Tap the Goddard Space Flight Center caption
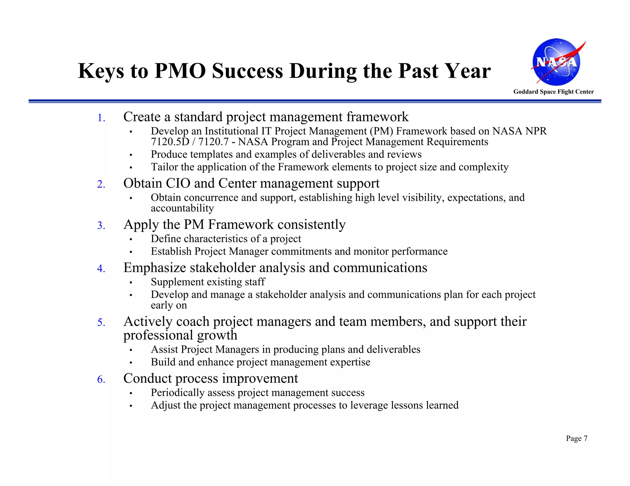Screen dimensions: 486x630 point(553,92)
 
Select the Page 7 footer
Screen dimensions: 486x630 point(576,438)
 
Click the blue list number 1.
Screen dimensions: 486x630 point(101,118)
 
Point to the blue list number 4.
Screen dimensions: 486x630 point(101,269)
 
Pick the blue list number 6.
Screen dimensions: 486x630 point(101,379)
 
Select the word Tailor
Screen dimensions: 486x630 point(164,167)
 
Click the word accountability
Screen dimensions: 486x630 point(182,208)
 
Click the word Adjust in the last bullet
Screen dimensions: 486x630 point(165,405)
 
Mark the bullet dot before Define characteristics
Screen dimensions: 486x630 point(131,239)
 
